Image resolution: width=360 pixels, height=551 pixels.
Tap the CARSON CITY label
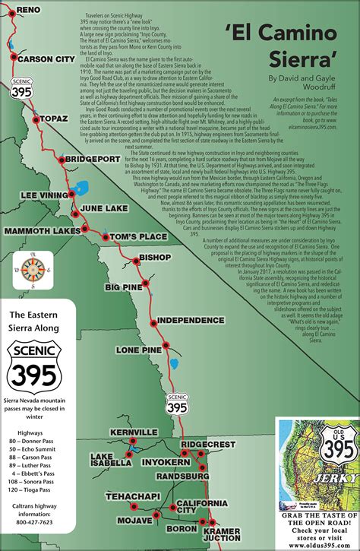(46, 59)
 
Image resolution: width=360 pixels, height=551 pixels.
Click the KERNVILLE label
(133, 432)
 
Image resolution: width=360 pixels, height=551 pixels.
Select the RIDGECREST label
(210, 444)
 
